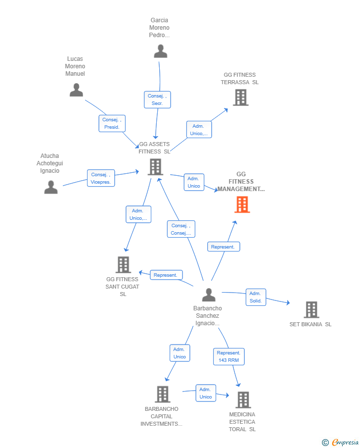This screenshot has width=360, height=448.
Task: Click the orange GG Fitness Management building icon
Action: tap(242, 204)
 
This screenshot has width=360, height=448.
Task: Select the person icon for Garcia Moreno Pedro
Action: tap(160, 51)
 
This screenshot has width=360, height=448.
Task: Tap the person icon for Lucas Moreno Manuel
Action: tap(76, 90)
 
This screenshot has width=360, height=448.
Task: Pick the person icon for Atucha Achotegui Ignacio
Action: tap(51, 187)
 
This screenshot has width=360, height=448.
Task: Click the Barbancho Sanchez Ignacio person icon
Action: tap(209, 295)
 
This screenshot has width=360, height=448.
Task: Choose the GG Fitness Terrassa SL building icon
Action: tap(241, 98)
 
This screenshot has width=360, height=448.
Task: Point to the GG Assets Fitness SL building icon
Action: tap(156, 167)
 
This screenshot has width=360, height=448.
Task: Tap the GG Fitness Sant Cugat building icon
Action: tap(123, 264)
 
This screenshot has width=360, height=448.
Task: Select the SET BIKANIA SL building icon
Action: tap(312, 310)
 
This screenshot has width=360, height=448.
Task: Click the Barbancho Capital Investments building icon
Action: tap(163, 394)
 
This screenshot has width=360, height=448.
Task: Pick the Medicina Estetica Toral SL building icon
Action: tap(243, 399)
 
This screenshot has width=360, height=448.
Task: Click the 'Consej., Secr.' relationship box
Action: tap(157, 100)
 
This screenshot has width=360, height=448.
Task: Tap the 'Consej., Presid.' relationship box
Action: tap(112, 123)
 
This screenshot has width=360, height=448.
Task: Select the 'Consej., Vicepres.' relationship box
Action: tap(101, 178)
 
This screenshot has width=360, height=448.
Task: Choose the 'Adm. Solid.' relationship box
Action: tap(256, 297)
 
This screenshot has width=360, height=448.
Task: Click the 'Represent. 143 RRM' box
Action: tap(228, 356)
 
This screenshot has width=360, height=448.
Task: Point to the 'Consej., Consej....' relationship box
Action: tap(181, 229)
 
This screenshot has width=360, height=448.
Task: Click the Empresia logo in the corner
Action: tap(340, 442)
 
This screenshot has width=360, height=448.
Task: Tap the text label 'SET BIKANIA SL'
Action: tap(311, 324)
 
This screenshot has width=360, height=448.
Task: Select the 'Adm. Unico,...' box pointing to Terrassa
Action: tap(199, 130)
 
